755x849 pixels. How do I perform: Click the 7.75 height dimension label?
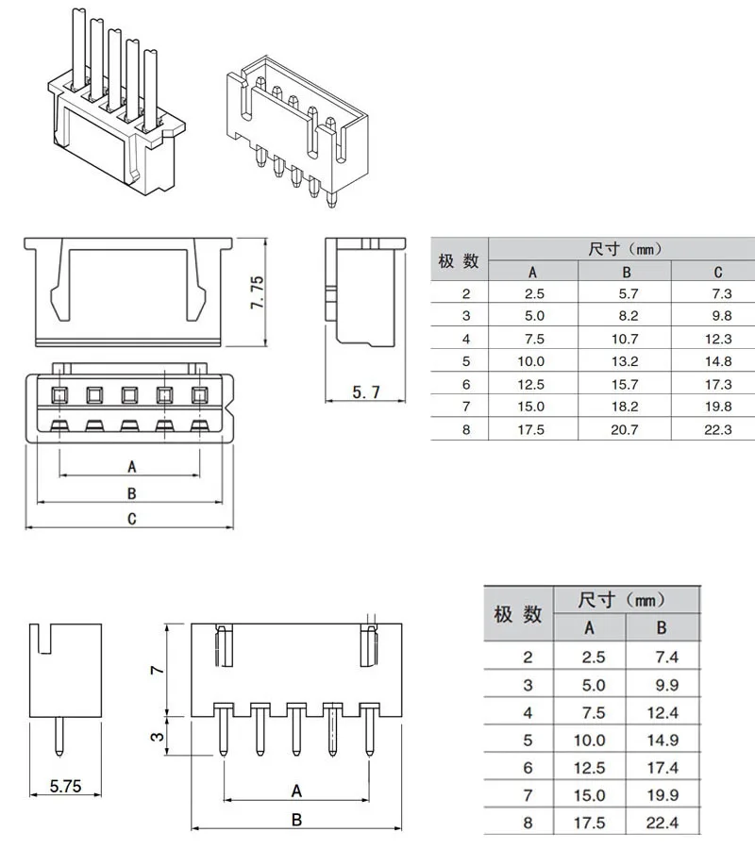coord(258,292)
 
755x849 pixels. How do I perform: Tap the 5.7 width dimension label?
coord(366,392)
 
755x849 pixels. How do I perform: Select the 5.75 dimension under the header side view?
coord(65,786)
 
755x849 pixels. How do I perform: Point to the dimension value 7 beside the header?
coord(157,670)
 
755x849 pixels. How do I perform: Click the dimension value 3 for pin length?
coord(157,737)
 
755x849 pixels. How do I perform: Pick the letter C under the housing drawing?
coord(131,519)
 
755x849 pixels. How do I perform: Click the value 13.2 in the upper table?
coord(625,361)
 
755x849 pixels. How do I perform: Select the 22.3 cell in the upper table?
coord(718,429)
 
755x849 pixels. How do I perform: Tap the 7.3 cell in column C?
coord(722,293)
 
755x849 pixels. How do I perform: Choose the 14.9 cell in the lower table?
coord(663,740)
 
